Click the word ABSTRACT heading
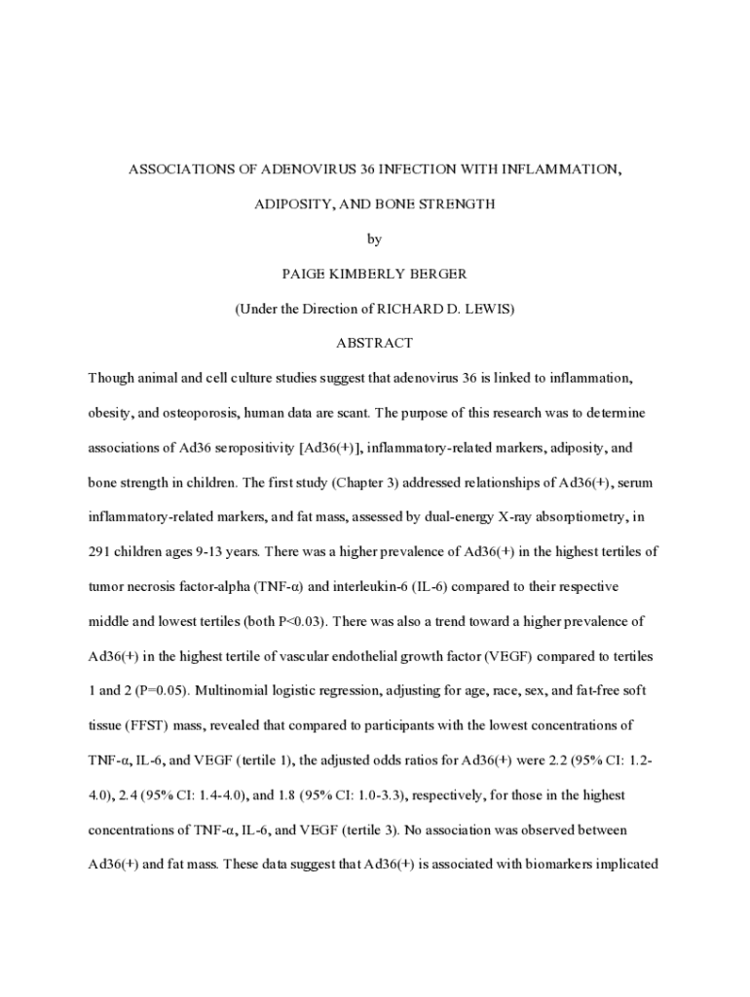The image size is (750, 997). click(x=374, y=343)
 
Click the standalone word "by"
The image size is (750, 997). click(x=375, y=239)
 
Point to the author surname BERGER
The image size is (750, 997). click(x=433, y=274)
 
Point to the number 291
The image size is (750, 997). click(x=100, y=552)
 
